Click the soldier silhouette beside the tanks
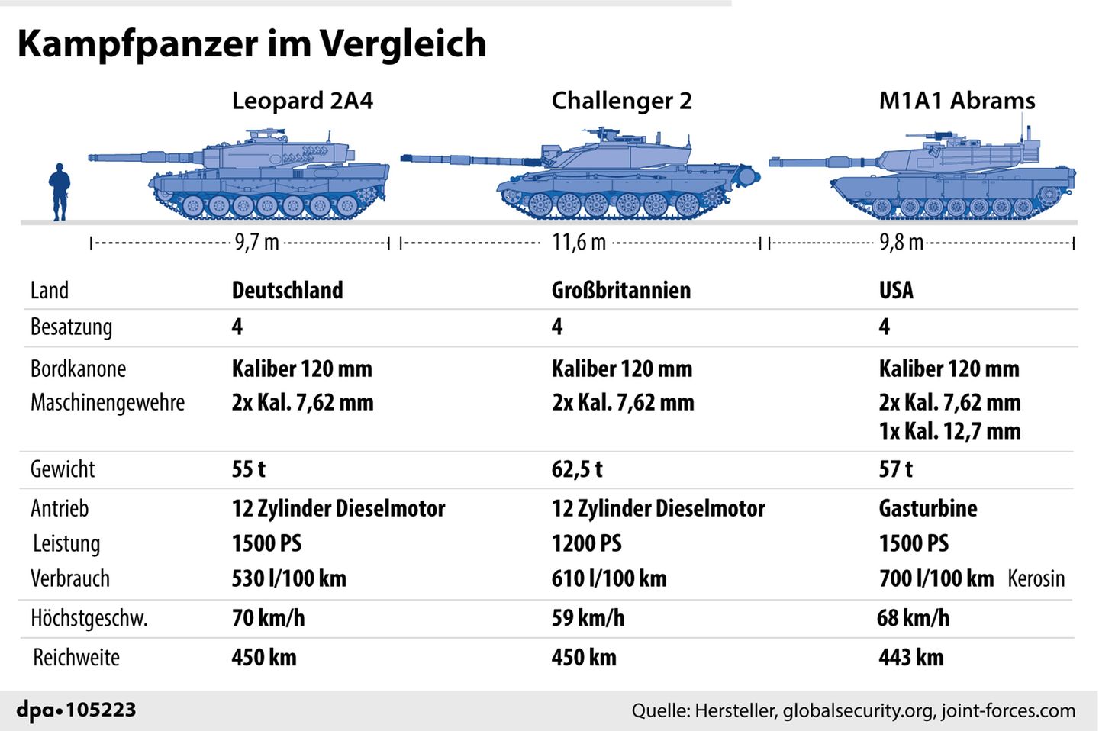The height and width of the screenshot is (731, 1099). click(60, 192)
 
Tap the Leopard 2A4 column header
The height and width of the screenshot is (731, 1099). click(302, 101)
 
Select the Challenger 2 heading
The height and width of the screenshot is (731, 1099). click(621, 101)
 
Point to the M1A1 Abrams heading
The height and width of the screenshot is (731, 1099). click(957, 101)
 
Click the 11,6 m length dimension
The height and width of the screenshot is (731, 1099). click(579, 243)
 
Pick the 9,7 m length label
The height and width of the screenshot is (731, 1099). click(256, 243)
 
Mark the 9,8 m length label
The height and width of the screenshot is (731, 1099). click(901, 243)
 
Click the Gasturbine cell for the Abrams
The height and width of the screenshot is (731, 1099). click(927, 508)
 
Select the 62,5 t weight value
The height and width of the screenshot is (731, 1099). click(577, 469)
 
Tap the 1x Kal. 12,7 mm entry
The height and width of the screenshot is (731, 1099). click(949, 431)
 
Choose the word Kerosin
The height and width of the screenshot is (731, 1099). click(1036, 578)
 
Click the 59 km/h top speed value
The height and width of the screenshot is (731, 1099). click(588, 617)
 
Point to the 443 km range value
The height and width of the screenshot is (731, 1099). click(910, 657)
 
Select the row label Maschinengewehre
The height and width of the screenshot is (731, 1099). click(108, 402)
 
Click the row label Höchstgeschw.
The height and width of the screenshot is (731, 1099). click(89, 617)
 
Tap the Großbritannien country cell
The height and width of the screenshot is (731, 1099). click(620, 290)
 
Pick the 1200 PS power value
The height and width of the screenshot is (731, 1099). click(586, 543)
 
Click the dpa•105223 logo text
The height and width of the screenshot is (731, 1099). click(76, 710)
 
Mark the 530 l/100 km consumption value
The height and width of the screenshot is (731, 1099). click(288, 578)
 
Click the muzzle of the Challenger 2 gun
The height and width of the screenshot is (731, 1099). click(405, 159)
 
